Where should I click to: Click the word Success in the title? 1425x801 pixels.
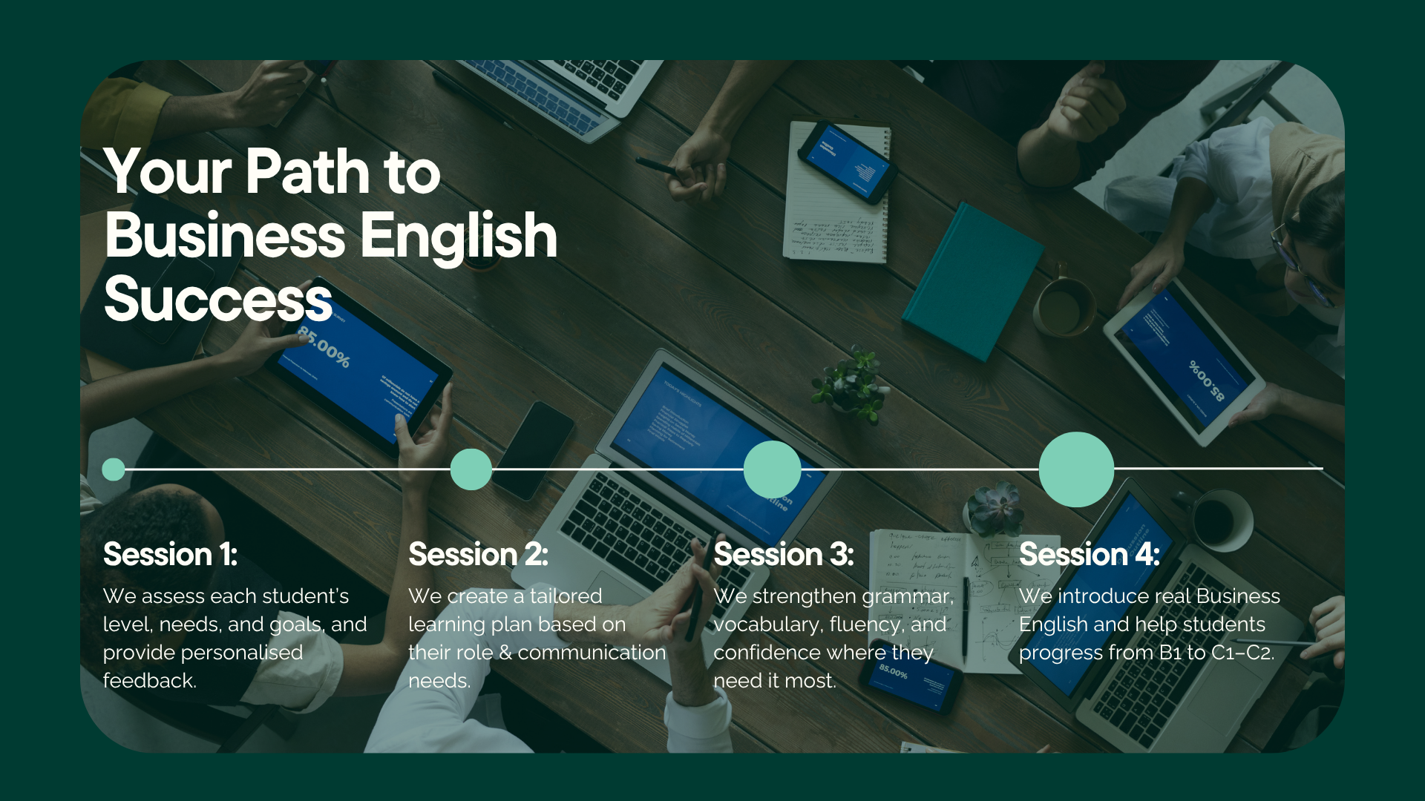pyautogui.click(x=218, y=299)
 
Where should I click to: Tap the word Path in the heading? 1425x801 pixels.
pyautogui.click(x=307, y=171)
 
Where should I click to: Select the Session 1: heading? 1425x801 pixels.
pyautogui.click(x=170, y=554)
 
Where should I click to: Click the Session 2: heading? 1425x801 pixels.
pyautogui.click(x=478, y=554)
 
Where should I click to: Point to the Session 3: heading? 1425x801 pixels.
pyautogui.click(x=784, y=554)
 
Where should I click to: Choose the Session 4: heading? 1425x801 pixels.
pyautogui.click(x=1089, y=554)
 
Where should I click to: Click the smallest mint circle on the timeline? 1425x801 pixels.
pyautogui.click(x=114, y=469)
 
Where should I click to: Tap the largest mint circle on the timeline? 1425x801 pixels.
pyautogui.click(x=1076, y=469)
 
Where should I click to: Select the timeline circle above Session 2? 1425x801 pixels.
pyautogui.click(x=471, y=469)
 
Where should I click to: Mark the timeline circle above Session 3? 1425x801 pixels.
pyautogui.click(x=773, y=469)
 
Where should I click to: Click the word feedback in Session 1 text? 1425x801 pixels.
pyautogui.click(x=148, y=680)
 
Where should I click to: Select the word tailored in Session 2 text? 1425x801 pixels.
pyautogui.click(x=566, y=596)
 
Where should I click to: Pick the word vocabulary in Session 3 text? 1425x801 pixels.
pyautogui.click(x=768, y=624)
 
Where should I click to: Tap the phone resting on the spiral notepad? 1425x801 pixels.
pyautogui.click(x=848, y=162)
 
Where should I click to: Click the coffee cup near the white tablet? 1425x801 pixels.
pyautogui.click(x=1064, y=306)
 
